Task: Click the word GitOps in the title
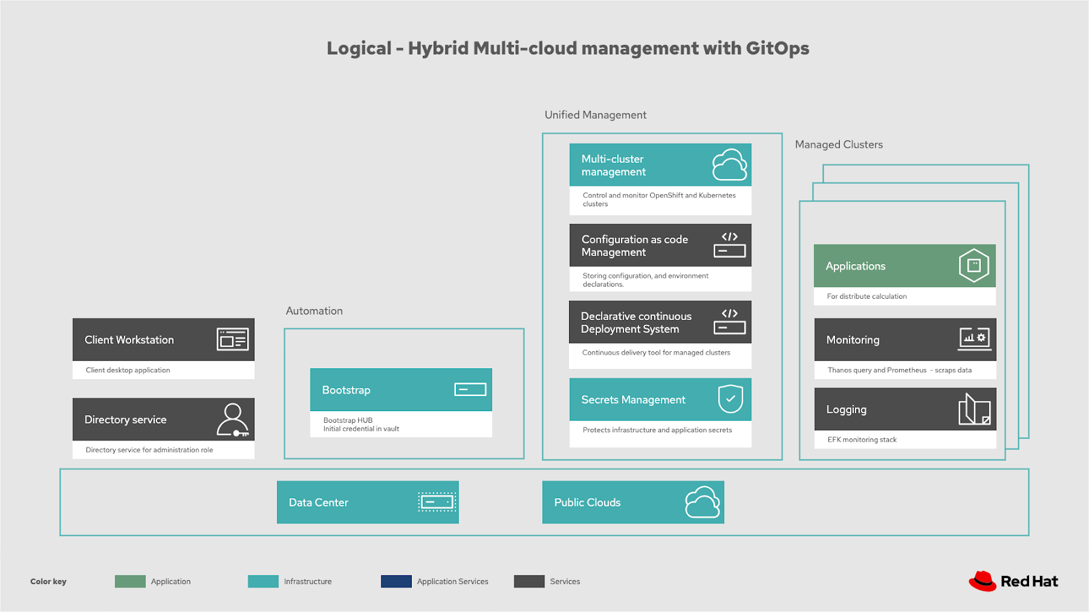point(777,48)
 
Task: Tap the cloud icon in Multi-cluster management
point(729,165)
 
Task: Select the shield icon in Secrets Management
point(730,399)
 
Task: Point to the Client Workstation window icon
point(233,339)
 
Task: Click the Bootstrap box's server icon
point(470,389)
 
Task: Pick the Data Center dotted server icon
point(436,502)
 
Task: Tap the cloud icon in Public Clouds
point(702,502)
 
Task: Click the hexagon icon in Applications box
point(973,265)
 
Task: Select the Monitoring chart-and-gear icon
point(974,338)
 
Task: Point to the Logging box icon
point(974,409)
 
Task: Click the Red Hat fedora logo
point(982,581)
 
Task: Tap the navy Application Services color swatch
point(396,581)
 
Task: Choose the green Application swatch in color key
point(130,581)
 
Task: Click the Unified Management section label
point(595,115)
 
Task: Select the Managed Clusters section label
point(839,144)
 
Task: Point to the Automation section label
point(314,311)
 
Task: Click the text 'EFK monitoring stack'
point(862,440)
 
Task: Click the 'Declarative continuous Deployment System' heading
point(636,323)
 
